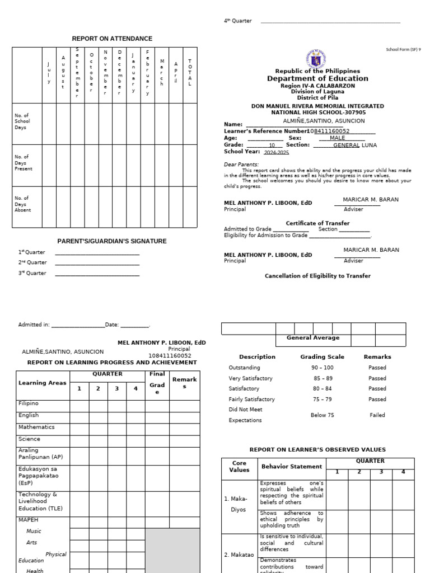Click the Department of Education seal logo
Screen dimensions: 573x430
317,58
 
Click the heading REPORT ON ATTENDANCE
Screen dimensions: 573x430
112,39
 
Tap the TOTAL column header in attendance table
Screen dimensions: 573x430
190,72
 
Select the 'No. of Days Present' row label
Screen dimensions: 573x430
24,163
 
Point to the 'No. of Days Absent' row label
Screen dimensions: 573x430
23,204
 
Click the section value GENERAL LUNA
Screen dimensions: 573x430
355,145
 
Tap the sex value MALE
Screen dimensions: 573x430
338,138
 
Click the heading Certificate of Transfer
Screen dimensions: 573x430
317,223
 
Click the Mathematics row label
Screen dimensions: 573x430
36,427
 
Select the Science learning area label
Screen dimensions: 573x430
29,439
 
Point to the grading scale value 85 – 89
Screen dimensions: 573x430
322,378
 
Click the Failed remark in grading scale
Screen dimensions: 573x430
377,415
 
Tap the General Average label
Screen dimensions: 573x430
313,338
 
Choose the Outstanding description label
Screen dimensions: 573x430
244,368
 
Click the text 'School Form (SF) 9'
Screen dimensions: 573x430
403,49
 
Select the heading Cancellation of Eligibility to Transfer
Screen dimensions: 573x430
317,276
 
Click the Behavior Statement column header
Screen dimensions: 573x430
292,466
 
